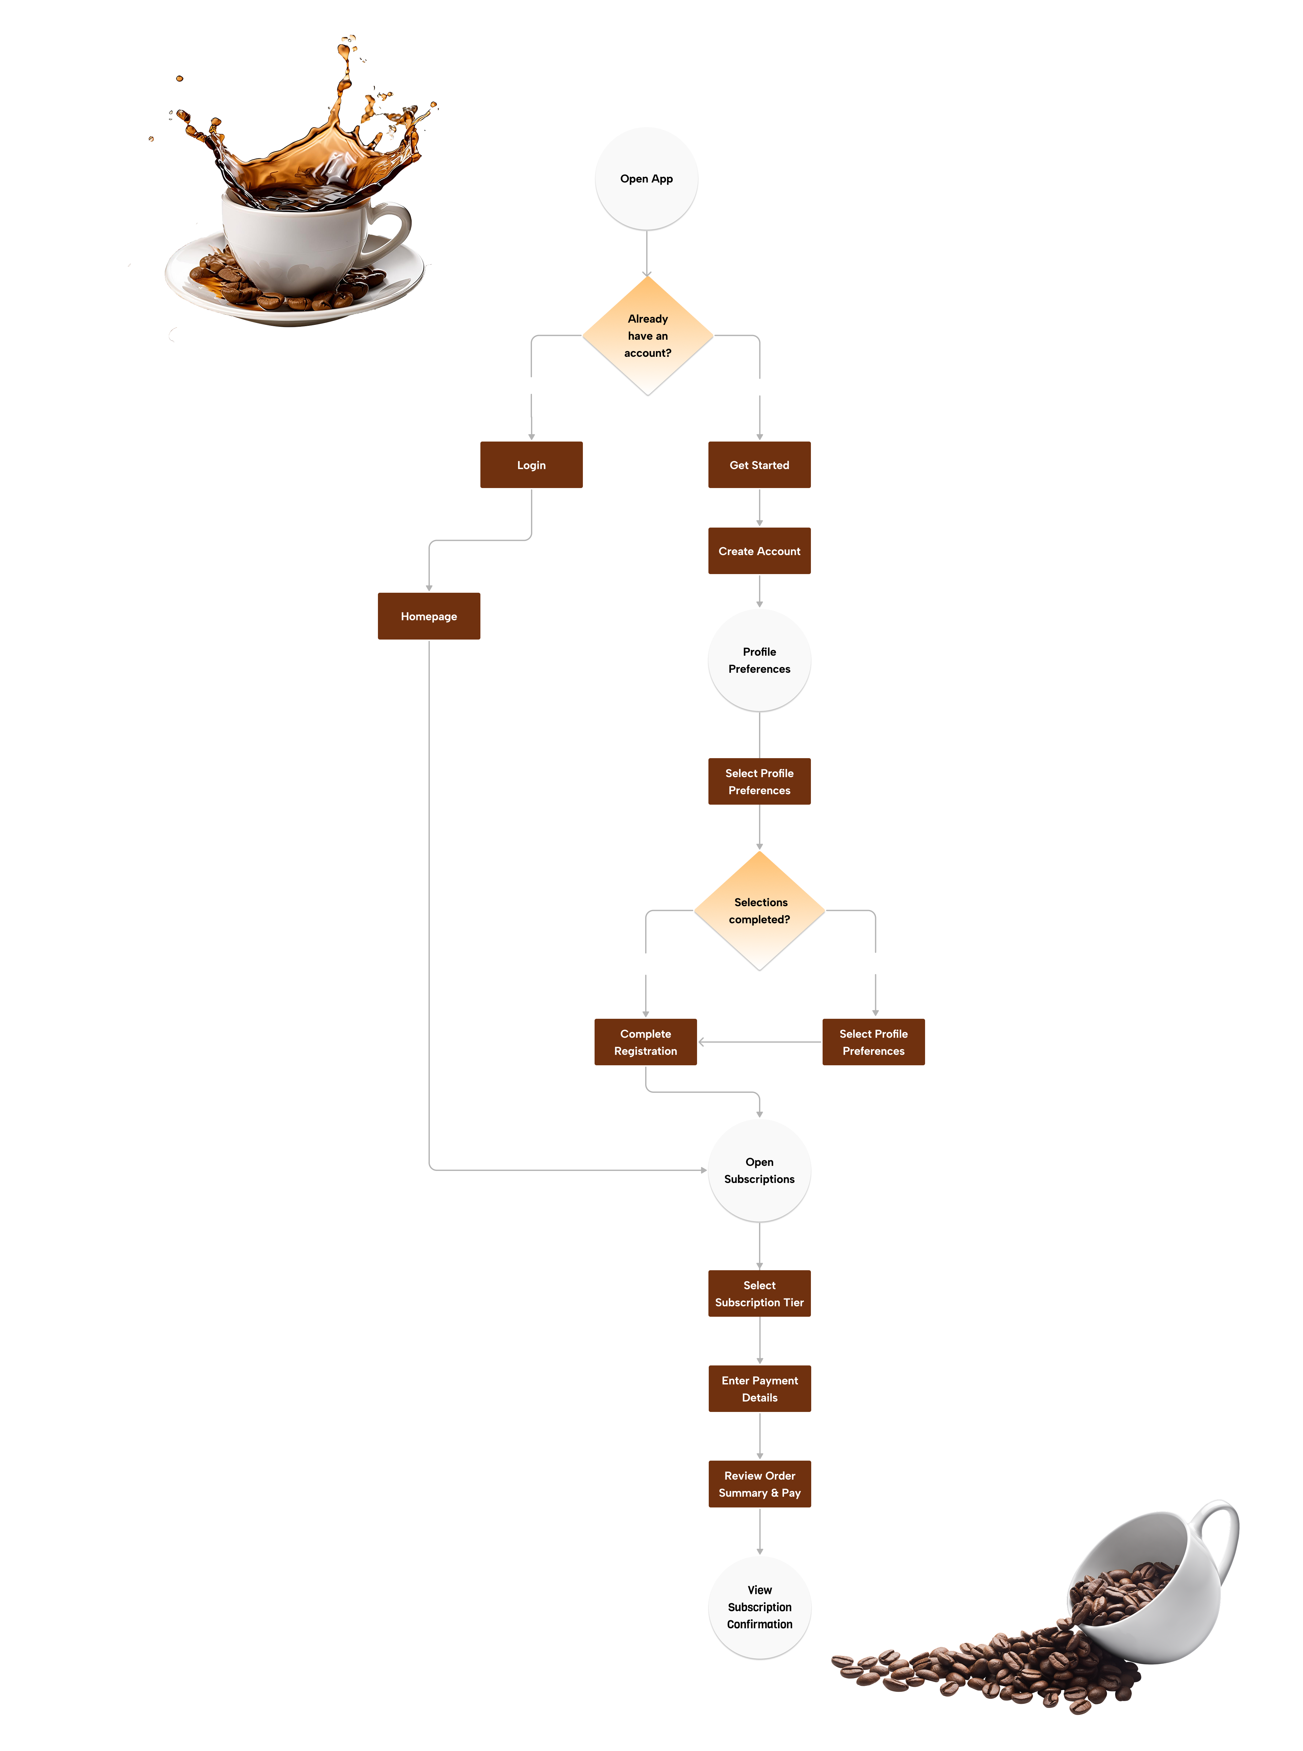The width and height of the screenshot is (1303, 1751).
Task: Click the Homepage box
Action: pyautogui.click(x=428, y=616)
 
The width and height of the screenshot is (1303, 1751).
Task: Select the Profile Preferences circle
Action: pyautogui.click(x=759, y=660)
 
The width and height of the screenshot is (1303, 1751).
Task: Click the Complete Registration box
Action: pyautogui.click(x=645, y=1042)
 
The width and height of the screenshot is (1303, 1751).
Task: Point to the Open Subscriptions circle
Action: pyautogui.click(x=759, y=1171)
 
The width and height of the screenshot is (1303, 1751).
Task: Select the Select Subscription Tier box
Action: pyautogui.click(x=759, y=1294)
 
